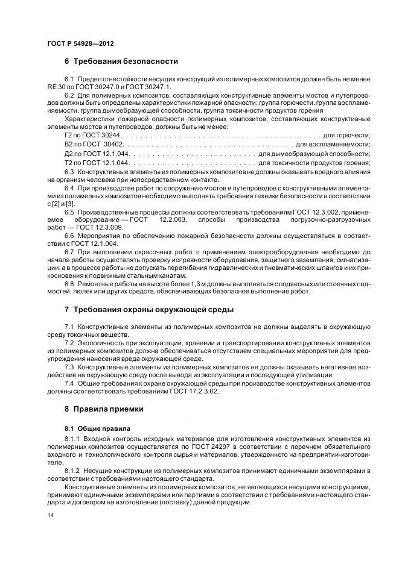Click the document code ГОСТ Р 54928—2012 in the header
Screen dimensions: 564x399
[x=80, y=45]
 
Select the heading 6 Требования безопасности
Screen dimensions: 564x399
[x=121, y=61]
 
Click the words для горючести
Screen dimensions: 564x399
[x=347, y=136]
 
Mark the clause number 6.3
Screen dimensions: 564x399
[x=69, y=172]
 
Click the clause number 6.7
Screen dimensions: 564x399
[x=69, y=249]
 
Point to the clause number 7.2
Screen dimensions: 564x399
[x=69, y=343]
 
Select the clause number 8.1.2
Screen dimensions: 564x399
[x=72, y=469]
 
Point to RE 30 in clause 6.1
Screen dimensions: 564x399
[x=57, y=87]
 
